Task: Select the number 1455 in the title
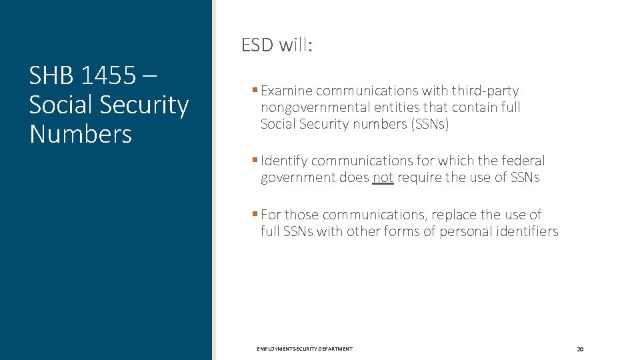point(107,76)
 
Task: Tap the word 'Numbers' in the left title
point(81,134)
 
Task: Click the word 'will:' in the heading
point(297,45)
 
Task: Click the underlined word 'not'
point(383,177)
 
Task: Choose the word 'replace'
point(454,215)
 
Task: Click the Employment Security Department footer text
point(305,349)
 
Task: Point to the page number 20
point(580,349)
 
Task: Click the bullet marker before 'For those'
point(255,214)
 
